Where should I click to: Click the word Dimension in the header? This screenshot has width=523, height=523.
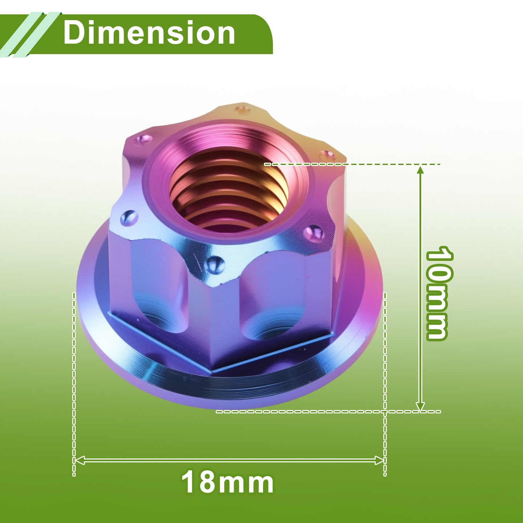click(149, 33)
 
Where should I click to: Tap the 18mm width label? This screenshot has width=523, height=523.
click(227, 483)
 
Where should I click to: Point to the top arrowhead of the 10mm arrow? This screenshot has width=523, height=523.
click(420, 170)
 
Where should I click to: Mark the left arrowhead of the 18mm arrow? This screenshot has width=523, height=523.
click(80, 460)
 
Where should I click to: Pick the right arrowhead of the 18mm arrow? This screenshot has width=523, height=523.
click(379, 460)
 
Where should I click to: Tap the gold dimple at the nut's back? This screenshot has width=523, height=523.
click(242, 110)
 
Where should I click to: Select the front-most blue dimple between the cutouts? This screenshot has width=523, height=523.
click(214, 264)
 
